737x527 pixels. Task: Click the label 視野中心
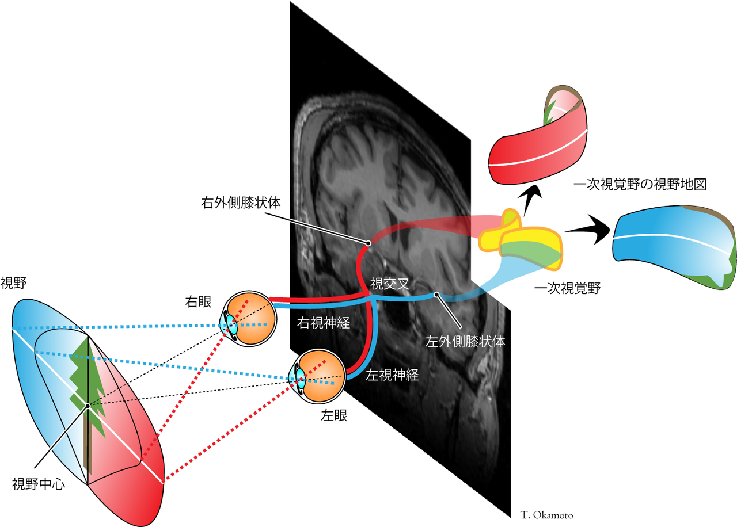coord(39,484)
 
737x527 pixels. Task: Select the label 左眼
coord(334,415)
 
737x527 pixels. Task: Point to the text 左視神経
coord(392,375)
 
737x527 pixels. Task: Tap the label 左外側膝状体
coord(464,341)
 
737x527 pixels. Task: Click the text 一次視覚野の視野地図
coord(640,185)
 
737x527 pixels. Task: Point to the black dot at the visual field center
coord(88,406)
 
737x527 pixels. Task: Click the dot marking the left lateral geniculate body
coord(436,295)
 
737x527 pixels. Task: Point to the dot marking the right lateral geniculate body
coord(367,243)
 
